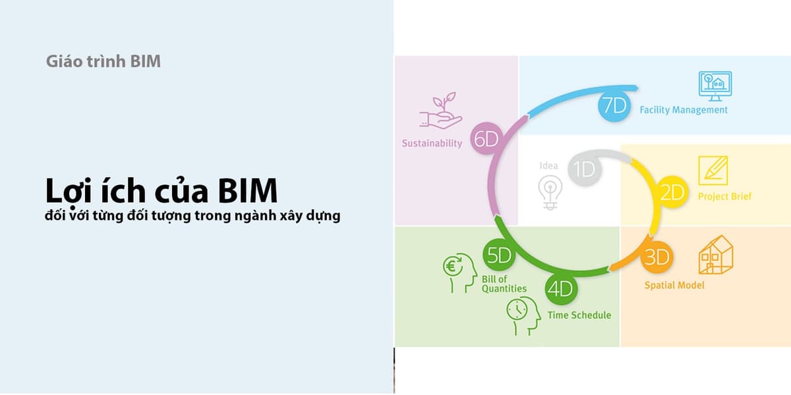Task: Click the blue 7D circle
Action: (x=614, y=105)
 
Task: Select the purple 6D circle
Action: (x=486, y=139)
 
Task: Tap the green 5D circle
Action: (x=499, y=255)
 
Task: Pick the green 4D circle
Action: (x=561, y=289)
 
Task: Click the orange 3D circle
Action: (x=657, y=257)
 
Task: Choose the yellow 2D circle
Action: (x=672, y=192)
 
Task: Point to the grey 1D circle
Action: (x=585, y=169)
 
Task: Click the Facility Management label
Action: (x=684, y=110)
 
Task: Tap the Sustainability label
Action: (x=432, y=144)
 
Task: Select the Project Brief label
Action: (x=725, y=196)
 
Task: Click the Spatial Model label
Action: (x=674, y=285)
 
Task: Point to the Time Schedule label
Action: (x=579, y=315)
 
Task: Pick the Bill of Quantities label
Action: (x=504, y=284)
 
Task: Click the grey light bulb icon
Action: (x=550, y=192)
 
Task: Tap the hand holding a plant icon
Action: (x=441, y=111)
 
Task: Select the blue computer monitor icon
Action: (x=715, y=86)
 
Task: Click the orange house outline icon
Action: (x=716, y=255)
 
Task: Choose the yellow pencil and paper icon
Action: (x=713, y=171)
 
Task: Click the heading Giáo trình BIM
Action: (x=103, y=61)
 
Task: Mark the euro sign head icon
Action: (x=460, y=273)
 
